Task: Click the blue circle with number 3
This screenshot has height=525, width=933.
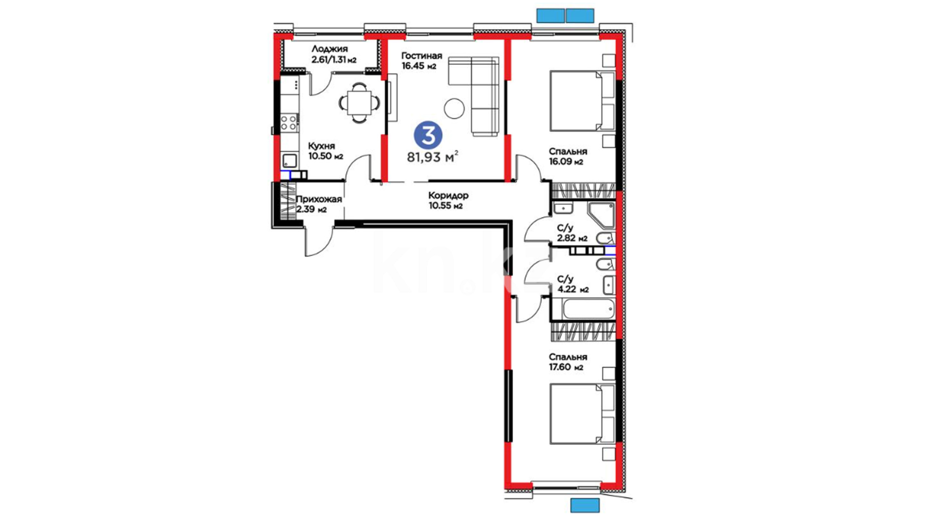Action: (x=428, y=136)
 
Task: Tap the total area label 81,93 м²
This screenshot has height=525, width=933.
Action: (x=432, y=157)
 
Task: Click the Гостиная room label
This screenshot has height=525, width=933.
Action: (x=422, y=55)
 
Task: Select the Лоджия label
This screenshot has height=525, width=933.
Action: (x=329, y=49)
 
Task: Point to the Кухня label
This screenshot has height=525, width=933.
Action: (x=322, y=146)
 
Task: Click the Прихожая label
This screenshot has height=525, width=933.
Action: (x=319, y=199)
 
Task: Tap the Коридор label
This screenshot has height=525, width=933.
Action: (x=449, y=195)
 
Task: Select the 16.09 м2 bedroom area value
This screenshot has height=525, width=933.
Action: (x=566, y=162)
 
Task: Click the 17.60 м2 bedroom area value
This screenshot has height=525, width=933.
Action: (x=566, y=367)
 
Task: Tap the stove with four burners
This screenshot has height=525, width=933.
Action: (x=290, y=122)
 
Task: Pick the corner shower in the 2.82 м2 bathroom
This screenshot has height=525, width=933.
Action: (x=602, y=215)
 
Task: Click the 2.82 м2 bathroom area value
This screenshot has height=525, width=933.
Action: (x=572, y=238)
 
